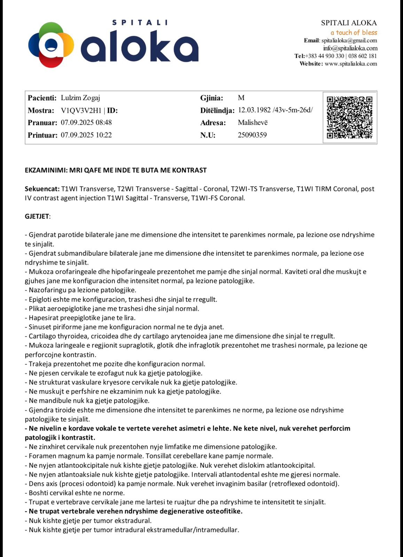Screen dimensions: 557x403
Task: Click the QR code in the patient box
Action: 349,117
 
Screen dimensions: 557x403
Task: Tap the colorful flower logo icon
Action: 51,45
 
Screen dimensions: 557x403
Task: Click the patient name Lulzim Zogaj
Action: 80,98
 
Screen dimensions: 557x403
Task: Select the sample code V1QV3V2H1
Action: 81,111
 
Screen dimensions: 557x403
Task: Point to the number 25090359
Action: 252,135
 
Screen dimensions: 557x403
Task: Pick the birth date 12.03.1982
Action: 254,110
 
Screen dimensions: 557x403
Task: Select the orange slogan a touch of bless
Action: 354,33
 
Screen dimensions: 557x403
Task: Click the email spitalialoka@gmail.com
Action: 349,41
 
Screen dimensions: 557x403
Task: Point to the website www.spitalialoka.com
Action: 351,64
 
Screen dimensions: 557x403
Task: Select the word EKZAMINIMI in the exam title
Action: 46,170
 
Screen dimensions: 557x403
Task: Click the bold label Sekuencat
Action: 42,189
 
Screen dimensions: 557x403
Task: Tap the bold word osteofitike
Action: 224,511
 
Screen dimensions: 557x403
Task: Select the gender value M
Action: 241,98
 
